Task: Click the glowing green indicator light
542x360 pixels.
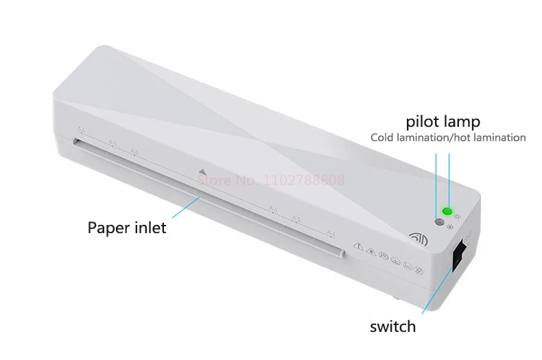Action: tap(447, 212)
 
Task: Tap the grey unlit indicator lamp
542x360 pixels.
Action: tap(438, 222)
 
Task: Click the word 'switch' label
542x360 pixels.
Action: tap(392, 326)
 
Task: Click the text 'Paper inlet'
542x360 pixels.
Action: tap(127, 228)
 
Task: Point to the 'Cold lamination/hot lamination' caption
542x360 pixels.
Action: tap(448, 138)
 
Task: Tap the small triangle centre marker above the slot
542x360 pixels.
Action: tap(200, 173)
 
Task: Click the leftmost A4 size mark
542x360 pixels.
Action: tap(81, 130)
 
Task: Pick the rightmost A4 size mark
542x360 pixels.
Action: tap(331, 235)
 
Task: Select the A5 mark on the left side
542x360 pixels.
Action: tap(113, 144)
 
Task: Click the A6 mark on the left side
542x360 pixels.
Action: tap(134, 152)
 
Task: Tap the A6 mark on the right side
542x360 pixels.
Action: tap(272, 210)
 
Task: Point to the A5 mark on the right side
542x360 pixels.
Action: tap(296, 219)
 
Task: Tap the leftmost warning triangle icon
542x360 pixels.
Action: tap(357, 246)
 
